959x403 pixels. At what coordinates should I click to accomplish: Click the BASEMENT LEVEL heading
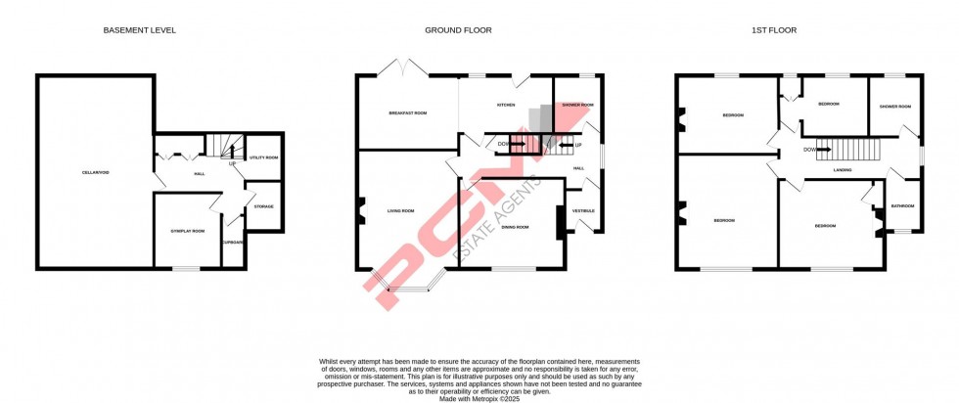pyautogui.click(x=140, y=30)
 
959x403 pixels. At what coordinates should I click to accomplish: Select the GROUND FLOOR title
pyautogui.click(x=458, y=30)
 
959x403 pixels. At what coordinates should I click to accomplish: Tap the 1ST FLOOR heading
pyautogui.click(x=774, y=30)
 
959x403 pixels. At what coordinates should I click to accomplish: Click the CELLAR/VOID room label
pyautogui.click(x=95, y=173)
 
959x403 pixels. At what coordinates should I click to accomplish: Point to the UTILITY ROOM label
pyautogui.click(x=264, y=157)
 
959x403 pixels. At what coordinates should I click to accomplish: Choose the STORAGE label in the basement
pyautogui.click(x=263, y=206)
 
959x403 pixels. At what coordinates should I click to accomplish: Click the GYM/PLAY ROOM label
pyautogui.click(x=187, y=231)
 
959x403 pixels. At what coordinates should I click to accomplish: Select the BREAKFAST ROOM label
pyautogui.click(x=407, y=113)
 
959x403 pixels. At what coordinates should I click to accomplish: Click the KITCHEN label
pyautogui.click(x=506, y=105)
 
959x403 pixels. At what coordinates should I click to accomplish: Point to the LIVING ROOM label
pyautogui.click(x=401, y=211)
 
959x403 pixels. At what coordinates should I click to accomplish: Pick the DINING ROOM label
pyautogui.click(x=515, y=227)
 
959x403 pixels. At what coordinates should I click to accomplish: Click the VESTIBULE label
pyautogui.click(x=584, y=211)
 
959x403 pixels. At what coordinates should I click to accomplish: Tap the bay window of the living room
pyautogui.click(x=411, y=286)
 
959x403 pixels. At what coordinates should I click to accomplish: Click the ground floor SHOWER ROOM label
pyautogui.click(x=578, y=105)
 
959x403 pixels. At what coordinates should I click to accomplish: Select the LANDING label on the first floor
pyautogui.click(x=842, y=170)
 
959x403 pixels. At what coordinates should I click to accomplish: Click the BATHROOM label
pyautogui.click(x=902, y=206)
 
